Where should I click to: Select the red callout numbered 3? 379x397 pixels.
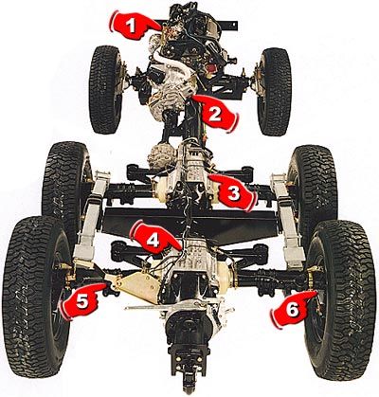click(233, 192)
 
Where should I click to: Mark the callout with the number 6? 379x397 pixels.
click(291, 305)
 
